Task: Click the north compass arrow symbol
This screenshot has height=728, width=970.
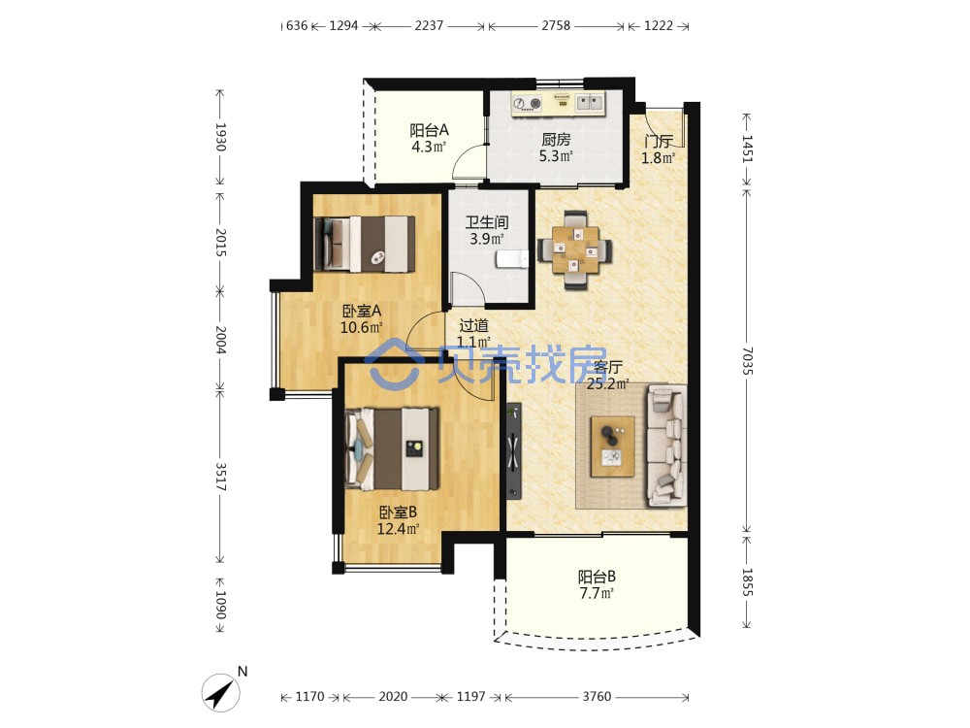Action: [221, 692]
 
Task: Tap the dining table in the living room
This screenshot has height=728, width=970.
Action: [575, 249]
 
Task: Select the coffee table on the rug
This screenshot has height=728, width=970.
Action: [612, 447]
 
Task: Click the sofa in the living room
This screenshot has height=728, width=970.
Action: [667, 446]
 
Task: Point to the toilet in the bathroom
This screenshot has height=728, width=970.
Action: [512, 259]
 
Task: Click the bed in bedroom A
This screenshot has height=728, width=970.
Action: [365, 244]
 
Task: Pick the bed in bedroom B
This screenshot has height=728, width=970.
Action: [392, 448]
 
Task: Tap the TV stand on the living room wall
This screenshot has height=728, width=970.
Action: [513, 450]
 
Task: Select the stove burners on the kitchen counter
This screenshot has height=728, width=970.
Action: [527, 104]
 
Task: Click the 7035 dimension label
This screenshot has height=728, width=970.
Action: [747, 360]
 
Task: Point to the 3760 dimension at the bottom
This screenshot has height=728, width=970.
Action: [597, 696]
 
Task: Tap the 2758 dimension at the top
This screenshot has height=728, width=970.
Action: [556, 25]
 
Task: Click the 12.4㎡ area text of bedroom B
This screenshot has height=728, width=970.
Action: [398, 529]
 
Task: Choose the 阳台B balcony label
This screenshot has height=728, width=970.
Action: [597, 577]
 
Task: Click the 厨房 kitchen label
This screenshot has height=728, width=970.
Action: [556, 140]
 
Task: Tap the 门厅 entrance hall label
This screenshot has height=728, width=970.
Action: [658, 142]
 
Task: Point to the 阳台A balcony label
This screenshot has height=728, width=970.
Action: [429, 131]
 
